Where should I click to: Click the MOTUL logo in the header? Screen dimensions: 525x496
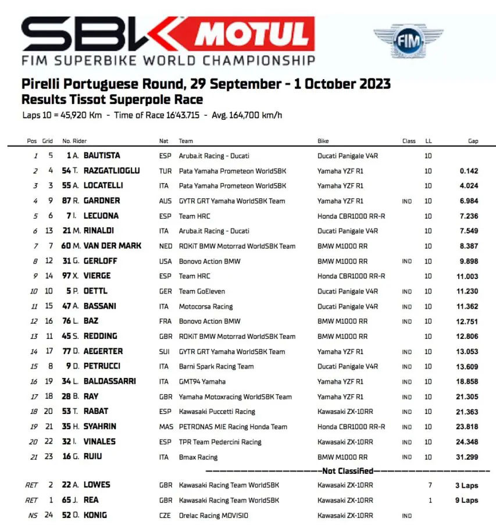(251, 34)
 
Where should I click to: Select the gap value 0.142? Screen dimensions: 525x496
(469, 171)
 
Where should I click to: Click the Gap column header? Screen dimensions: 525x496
(473, 141)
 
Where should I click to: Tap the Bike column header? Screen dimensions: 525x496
(323, 141)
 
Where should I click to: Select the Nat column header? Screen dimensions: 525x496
(164, 141)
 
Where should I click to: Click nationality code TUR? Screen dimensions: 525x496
(165, 171)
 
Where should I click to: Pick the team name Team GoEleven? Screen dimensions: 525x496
(202, 291)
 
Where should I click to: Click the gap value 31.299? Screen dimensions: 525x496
(466, 457)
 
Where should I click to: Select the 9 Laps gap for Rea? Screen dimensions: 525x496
(466, 500)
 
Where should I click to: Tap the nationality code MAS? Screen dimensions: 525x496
(166, 427)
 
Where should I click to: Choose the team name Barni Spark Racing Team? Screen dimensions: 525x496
(216, 366)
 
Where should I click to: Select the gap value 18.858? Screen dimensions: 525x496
(466, 381)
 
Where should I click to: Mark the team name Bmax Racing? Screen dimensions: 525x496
(198, 457)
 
